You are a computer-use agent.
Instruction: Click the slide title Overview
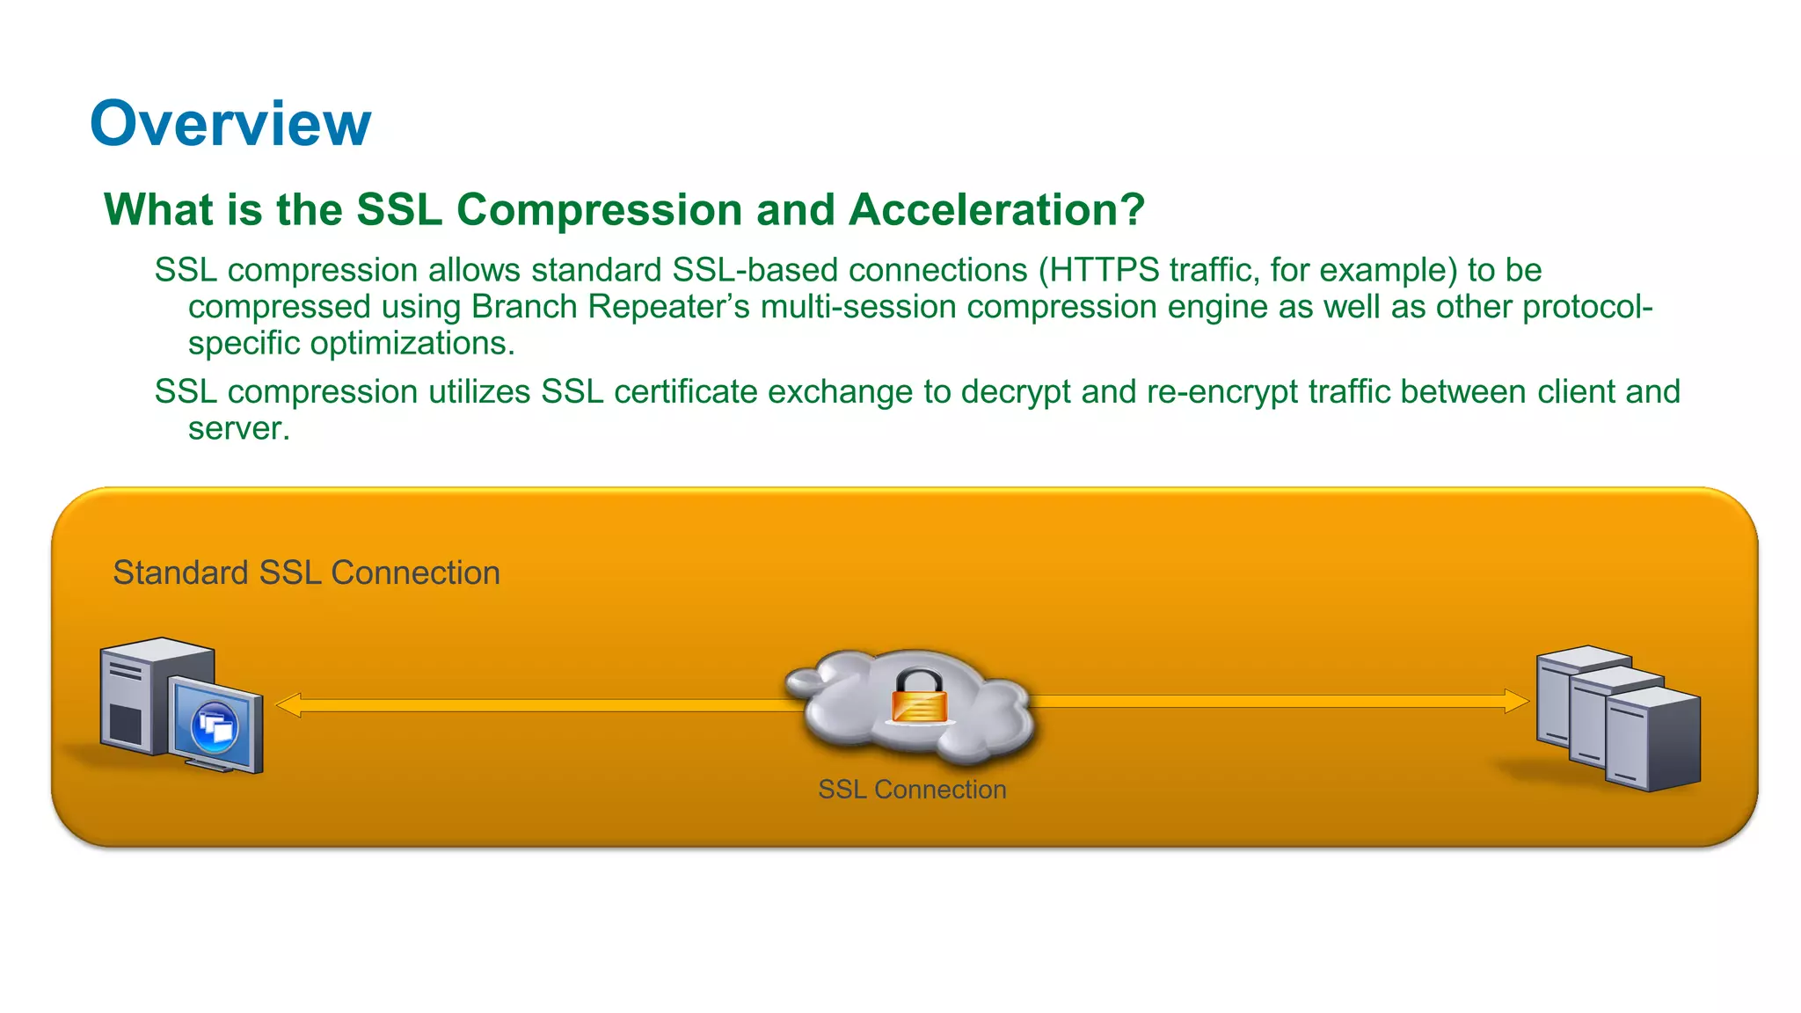click(x=230, y=123)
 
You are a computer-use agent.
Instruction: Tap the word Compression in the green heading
click(x=600, y=210)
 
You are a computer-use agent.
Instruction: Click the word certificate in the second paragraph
click(x=686, y=392)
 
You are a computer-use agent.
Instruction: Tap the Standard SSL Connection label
click(x=306, y=573)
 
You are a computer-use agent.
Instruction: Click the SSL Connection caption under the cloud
click(x=912, y=790)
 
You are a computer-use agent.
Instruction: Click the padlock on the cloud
click(x=919, y=696)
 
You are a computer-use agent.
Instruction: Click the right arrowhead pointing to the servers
click(x=1516, y=701)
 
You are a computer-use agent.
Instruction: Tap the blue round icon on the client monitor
click(x=215, y=726)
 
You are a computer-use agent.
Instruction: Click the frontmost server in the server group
click(x=1652, y=740)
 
